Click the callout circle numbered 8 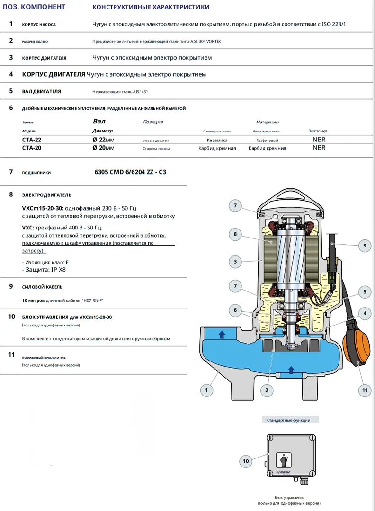(235, 234)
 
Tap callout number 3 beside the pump (235, 261)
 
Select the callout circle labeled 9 (364, 245)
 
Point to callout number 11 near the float (364, 390)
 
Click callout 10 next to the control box (246, 460)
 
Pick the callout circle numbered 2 (267, 390)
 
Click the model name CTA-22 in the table (32, 140)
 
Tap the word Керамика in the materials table (217, 141)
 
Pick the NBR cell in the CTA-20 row (319, 148)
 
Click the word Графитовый (267, 141)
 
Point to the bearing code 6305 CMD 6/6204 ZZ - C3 (131, 172)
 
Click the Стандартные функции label (288, 420)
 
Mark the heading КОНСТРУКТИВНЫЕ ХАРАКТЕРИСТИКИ (151, 7)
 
